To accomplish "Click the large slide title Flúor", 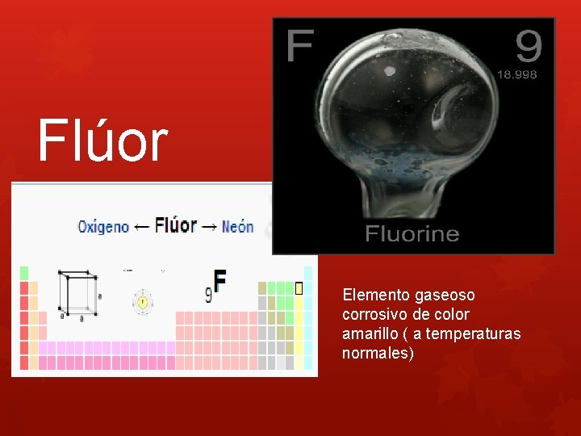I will pyautogui.click(x=102, y=140).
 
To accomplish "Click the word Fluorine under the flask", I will pyautogui.click(x=412, y=234).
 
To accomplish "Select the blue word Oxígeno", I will pyautogui.click(x=102, y=227).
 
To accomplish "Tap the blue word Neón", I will pyautogui.click(x=238, y=227).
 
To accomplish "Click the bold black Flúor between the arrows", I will pyautogui.click(x=175, y=224).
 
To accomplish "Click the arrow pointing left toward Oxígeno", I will pyautogui.click(x=141, y=227).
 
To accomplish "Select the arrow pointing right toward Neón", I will pyautogui.click(x=209, y=227).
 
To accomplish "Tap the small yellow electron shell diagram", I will pyautogui.click(x=143, y=303).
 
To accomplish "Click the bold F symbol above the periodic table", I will pyautogui.click(x=219, y=282).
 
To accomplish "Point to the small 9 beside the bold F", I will pyautogui.click(x=208, y=296).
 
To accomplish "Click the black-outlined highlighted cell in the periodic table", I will pyautogui.click(x=299, y=287).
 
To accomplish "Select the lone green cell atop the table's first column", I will pyautogui.click(x=24, y=273).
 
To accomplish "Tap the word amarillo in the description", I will pyautogui.click(x=370, y=333).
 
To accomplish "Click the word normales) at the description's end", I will pyautogui.click(x=378, y=353).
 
